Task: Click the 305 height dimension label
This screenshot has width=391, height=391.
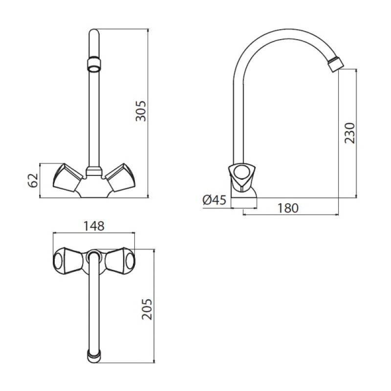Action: coord(141,111)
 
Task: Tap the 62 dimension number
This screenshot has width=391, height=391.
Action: coord(33,180)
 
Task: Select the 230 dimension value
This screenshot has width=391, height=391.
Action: coord(349,133)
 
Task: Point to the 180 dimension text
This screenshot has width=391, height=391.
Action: coord(288,208)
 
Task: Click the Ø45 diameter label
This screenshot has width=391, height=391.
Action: coord(215,200)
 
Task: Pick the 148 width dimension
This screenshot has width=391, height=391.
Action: coord(94,226)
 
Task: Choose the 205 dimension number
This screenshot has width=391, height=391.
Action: coord(147,309)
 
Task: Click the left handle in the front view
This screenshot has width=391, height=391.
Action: coord(67,178)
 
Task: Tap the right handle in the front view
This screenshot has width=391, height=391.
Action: coord(120,178)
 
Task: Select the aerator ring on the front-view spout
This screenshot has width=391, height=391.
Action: coord(94,65)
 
